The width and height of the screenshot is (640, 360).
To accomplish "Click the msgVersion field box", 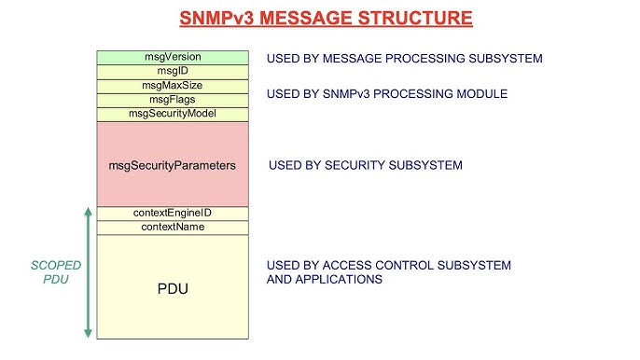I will pos(172,57).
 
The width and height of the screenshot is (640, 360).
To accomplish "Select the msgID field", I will pos(172,71).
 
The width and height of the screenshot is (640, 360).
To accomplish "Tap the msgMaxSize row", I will pos(172,86).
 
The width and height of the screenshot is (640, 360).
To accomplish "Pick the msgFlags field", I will pos(172,100).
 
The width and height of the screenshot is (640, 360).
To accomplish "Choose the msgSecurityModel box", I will pos(172,114).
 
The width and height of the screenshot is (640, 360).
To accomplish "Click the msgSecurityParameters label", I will pos(172,165).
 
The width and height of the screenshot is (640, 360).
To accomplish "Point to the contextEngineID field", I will pos(172,214).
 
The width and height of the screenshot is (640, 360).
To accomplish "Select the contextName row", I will pos(172,228).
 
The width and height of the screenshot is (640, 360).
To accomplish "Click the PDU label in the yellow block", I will pos(172,288).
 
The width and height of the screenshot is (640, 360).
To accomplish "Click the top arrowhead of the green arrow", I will pos(88,211).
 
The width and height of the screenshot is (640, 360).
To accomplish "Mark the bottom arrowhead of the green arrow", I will pos(88,333).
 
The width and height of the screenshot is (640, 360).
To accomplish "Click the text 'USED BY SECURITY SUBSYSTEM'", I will pos(365,166).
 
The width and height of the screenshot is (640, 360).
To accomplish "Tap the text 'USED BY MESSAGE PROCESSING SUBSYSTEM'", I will pos(404,59).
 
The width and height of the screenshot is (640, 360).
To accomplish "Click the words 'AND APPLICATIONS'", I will pos(325,280).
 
